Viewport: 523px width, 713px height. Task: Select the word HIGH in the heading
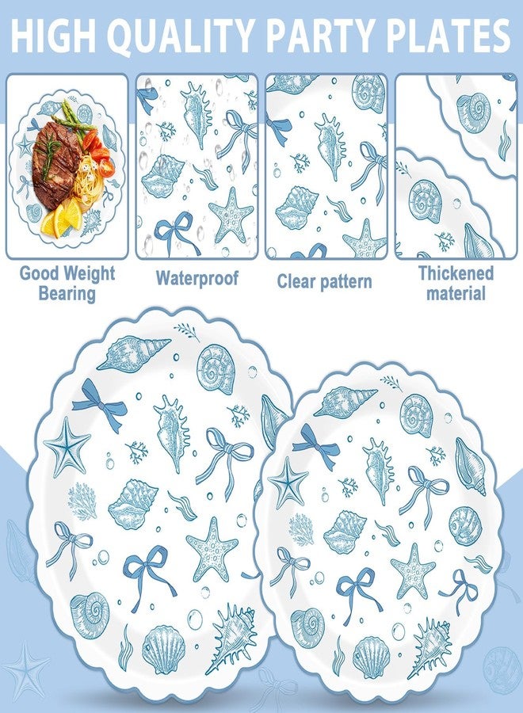coord(55,36)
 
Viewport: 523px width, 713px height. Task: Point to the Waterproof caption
coord(197,278)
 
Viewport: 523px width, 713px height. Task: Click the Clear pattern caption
coord(324,281)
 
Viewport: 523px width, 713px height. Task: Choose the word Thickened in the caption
coord(456,273)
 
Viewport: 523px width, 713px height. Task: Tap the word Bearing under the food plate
coord(67,293)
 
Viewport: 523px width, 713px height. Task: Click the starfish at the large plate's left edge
coord(67,448)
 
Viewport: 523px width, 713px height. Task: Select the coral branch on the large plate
coord(82,501)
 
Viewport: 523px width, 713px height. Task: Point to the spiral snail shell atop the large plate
coord(216,368)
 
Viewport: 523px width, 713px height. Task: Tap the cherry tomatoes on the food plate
coord(99,152)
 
